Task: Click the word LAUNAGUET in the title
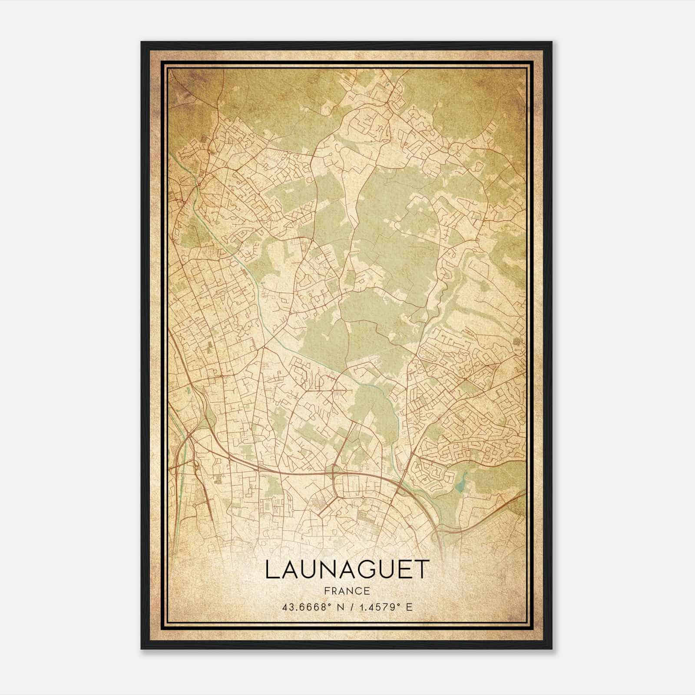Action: pyautogui.click(x=347, y=569)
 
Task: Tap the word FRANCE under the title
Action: pyautogui.click(x=347, y=591)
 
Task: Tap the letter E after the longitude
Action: pyautogui.click(x=409, y=607)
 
